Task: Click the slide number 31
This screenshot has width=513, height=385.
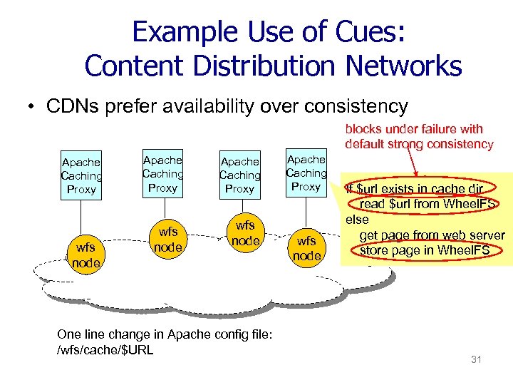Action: (x=477, y=359)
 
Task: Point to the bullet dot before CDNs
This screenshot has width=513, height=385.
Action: (x=33, y=108)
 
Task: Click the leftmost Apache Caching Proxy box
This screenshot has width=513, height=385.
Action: (x=81, y=175)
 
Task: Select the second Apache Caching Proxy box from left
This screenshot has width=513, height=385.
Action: (x=162, y=174)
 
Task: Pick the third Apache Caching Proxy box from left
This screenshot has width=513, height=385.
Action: (x=239, y=175)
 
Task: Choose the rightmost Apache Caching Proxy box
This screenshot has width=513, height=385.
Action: (x=306, y=173)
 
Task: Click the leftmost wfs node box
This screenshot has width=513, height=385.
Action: (x=85, y=255)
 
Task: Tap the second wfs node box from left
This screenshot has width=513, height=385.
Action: (x=168, y=240)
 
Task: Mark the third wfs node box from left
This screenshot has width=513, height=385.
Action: (x=246, y=233)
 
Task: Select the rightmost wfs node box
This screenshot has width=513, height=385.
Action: (x=307, y=247)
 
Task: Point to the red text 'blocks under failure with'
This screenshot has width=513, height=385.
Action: (x=414, y=129)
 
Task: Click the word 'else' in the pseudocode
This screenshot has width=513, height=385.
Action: (x=357, y=220)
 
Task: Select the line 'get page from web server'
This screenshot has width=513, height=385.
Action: (x=432, y=235)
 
